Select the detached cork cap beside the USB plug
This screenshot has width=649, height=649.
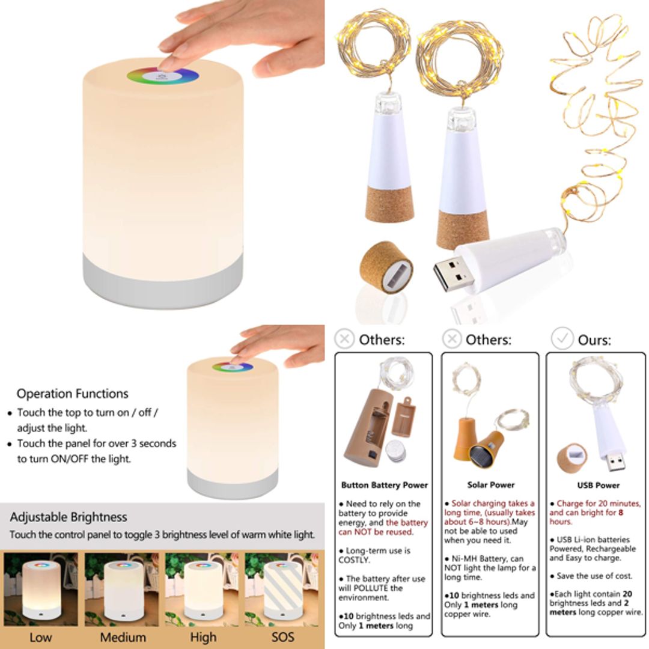(x=386, y=267)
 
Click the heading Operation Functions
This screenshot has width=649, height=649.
(x=72, y=394)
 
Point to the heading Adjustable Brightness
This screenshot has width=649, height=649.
(x=69, y=517)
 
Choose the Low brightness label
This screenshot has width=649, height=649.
(x=40, y=637)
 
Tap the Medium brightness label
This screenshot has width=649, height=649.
(x=123, y=637)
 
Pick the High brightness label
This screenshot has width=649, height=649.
(x=203, y=637)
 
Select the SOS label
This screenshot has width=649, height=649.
(x=282, y=637)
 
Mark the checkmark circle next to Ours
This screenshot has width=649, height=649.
(x=562, y=338)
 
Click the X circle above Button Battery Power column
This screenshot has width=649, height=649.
(x=344, y=339)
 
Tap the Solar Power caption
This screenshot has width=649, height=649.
(x=491, y=485)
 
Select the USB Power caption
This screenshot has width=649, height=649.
(x=598, y=485)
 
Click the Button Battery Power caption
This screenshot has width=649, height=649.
(x=385, y=485)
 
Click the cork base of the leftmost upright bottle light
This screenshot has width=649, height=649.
(x=389, y=203)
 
